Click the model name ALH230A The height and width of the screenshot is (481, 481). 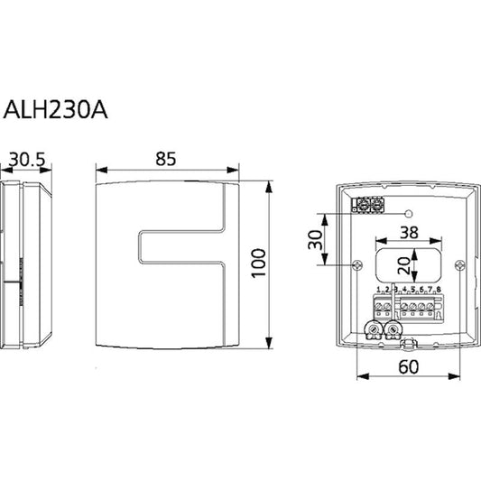click(56, 109)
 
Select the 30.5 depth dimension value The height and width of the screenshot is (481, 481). click(27, 160)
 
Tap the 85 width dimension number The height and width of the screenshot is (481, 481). click(166, 159)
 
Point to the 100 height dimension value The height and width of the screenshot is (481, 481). click(258, 264)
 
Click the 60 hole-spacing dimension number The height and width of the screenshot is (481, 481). click(408, 366)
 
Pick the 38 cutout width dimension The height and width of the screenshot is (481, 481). click(409, 233)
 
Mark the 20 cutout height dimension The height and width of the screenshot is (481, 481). click(404, 265)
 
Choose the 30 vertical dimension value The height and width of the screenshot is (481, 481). click(316, 239)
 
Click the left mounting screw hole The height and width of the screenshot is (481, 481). click(357, 264)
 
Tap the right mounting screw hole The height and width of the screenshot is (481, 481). click(460, 264)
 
